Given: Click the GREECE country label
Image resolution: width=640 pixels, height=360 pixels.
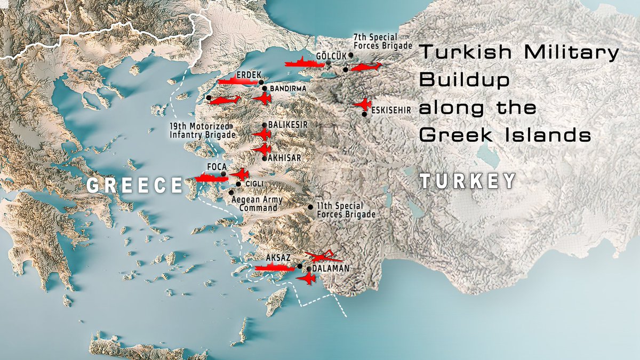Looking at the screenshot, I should point(134,185).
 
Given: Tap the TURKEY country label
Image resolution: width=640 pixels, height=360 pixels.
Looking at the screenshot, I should point(467,181).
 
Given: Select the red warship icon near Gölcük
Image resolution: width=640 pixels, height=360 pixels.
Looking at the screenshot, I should point(304,63).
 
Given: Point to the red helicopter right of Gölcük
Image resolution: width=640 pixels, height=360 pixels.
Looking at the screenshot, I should point(366,67).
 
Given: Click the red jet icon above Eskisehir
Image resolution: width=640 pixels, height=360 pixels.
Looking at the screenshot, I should point(363,104).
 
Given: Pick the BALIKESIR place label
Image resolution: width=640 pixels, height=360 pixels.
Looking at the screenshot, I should point(289,124).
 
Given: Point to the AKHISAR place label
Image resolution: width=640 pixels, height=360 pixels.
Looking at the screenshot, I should point(285,158).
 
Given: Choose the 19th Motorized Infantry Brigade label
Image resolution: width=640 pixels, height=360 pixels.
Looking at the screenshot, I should point(202,131).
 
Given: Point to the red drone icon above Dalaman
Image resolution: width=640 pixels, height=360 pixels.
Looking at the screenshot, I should point(322,257).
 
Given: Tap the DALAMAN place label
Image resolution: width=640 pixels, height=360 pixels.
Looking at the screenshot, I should point(331,269).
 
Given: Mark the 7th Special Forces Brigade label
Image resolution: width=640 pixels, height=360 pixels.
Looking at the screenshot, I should point(383,43).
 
